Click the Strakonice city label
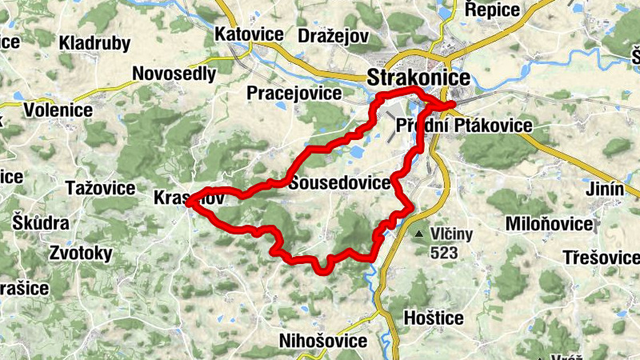click(x=418, y=78)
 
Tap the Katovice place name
click(x=249, y=35)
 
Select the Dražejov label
click(x=331, y=35)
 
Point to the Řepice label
click(x=492, y=10)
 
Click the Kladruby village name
click(x=94, y=43)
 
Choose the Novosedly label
click(x=174, y=74)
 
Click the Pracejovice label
click(x=294, y=94)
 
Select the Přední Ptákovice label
click(x=464, y=126)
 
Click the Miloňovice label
click(x=548, y=224)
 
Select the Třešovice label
click(x=601, y=258)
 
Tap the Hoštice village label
click(x=434, y=318)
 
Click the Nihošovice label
click(x=323, y=341)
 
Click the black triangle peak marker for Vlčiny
click(x=419, y=234)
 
